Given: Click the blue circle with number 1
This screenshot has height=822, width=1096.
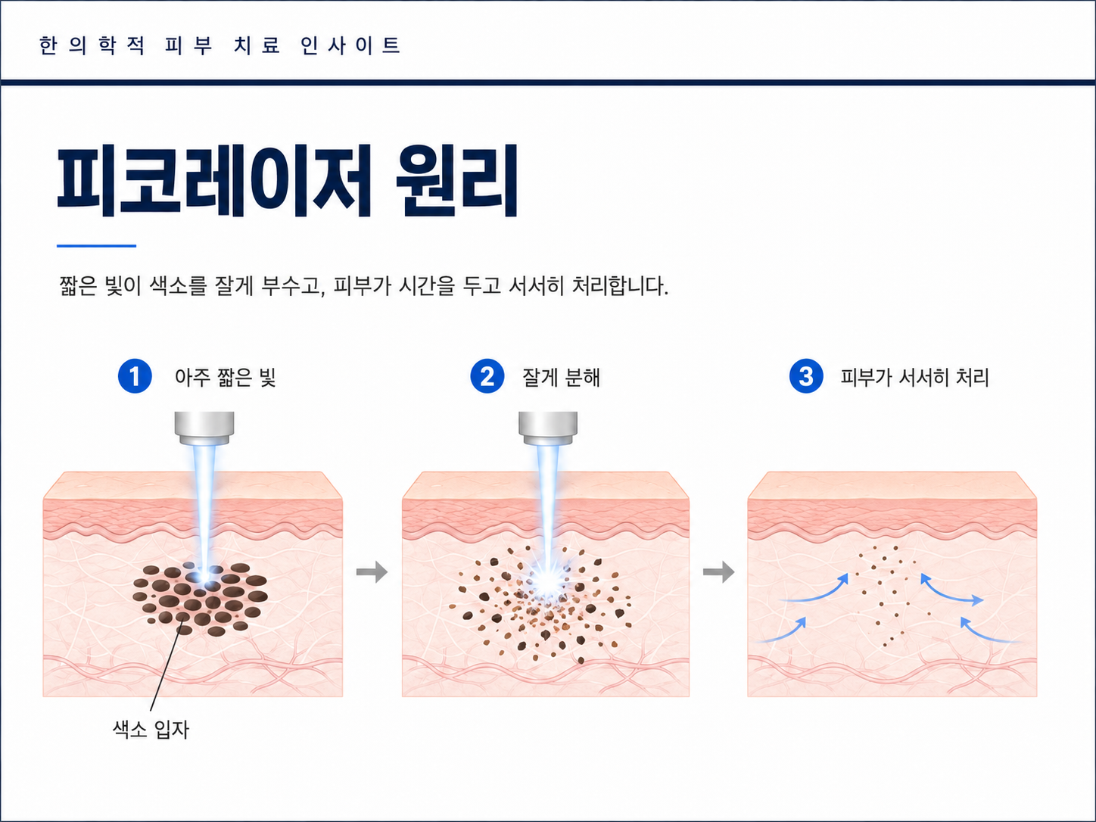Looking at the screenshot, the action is point(135,376).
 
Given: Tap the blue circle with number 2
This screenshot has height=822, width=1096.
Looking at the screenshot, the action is point(487,376).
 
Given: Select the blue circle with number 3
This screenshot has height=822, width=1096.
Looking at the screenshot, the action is point(806,376).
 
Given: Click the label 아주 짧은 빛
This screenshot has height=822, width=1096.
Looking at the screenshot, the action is point(226,377).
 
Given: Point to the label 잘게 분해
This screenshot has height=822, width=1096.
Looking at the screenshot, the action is point(561,377).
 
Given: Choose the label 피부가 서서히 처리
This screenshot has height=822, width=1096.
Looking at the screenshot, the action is point(914,377).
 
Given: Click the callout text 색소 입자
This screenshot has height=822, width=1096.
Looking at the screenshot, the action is point(151,730).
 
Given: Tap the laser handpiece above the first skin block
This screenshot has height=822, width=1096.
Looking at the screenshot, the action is point(204,428).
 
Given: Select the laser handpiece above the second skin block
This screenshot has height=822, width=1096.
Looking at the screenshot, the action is point(548,428).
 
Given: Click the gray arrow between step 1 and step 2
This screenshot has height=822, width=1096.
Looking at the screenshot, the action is point(372,572).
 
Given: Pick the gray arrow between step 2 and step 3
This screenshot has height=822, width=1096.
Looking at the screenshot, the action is point(718,572).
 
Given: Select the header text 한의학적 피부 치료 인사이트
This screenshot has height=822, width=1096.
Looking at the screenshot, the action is point(220,45).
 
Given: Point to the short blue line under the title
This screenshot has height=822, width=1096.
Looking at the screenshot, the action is point(96,245).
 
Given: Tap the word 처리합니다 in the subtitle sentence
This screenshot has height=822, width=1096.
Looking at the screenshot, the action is point(620,286).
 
